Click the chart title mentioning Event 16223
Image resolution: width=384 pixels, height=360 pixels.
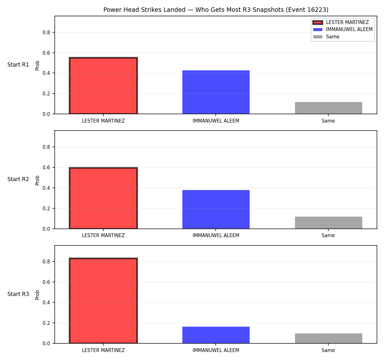(x=216, y=10)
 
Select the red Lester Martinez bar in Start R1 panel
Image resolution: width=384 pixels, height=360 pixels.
(x=103, y=85)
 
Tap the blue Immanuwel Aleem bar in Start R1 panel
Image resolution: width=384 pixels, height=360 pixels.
(x=216, y=92)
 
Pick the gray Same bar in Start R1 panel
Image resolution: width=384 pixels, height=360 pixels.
(x=328, y=108)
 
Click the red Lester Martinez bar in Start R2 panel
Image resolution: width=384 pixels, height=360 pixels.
(x=103, y=198)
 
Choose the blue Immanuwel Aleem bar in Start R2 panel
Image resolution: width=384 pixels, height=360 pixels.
(x=216, y=209)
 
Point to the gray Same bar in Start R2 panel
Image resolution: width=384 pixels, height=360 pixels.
(x=328, y=223)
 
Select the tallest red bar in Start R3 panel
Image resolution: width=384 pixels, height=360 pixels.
(x=103, y=301)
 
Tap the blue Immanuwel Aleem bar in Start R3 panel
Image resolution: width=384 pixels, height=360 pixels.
(x=216, y=335)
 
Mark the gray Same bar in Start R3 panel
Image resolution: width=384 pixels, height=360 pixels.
(x=328, y=339)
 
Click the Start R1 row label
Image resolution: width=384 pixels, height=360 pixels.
(x=18, y=65)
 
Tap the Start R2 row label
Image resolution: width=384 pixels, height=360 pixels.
(x=18, y=179)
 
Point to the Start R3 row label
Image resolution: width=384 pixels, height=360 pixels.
(x=18, y=294)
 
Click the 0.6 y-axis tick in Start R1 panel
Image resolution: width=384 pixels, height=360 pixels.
(x=46, y=53)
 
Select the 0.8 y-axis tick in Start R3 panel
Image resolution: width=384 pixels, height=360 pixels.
(x=46, y=261)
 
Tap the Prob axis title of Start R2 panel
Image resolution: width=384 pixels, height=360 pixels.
(x=37, y=180)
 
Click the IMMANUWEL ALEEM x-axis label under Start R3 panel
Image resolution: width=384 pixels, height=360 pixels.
(x=216, y=350)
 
